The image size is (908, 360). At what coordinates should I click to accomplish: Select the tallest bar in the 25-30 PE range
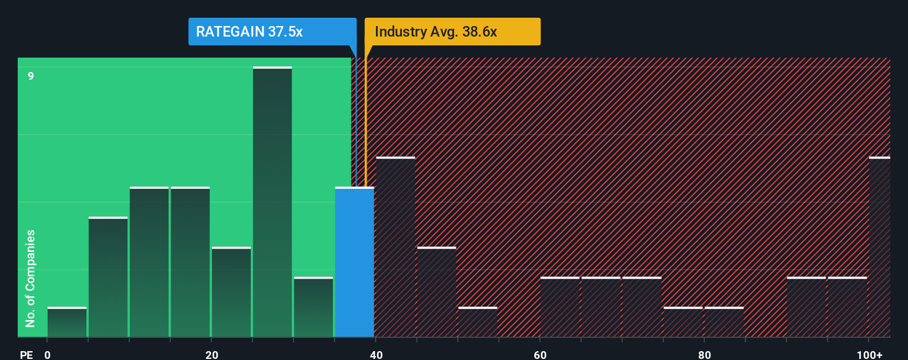coord(272,202)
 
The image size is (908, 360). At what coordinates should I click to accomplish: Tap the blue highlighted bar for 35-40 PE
coord(354,262)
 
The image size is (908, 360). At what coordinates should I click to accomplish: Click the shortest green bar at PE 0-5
coord(67,322)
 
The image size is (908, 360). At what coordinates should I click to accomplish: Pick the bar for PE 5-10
coord(108,277)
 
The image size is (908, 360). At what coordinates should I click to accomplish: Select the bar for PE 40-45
coord(395,247)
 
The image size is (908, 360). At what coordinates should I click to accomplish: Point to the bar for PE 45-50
coord(436,292)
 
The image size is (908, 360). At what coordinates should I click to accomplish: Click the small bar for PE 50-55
coord(477,322)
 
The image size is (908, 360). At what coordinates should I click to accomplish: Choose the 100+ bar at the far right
coord(879,247)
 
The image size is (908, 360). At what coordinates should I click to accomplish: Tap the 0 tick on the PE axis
coord(48,354)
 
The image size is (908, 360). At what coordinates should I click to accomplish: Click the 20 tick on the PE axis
coord(211,354)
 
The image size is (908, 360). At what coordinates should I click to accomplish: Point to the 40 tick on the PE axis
coord(376,354)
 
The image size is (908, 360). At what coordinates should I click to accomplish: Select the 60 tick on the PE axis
coord(540,354)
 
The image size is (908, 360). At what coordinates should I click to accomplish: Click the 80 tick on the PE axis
coord(704,354)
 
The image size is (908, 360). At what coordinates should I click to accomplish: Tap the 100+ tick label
coord(869,354)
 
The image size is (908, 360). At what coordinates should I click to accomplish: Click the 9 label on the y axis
coord(31,76)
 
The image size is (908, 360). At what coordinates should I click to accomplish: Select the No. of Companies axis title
coord(30,278)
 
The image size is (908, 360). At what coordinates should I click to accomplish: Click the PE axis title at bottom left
coord(26,354)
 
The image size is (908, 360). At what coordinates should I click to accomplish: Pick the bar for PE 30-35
coord(313,307)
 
